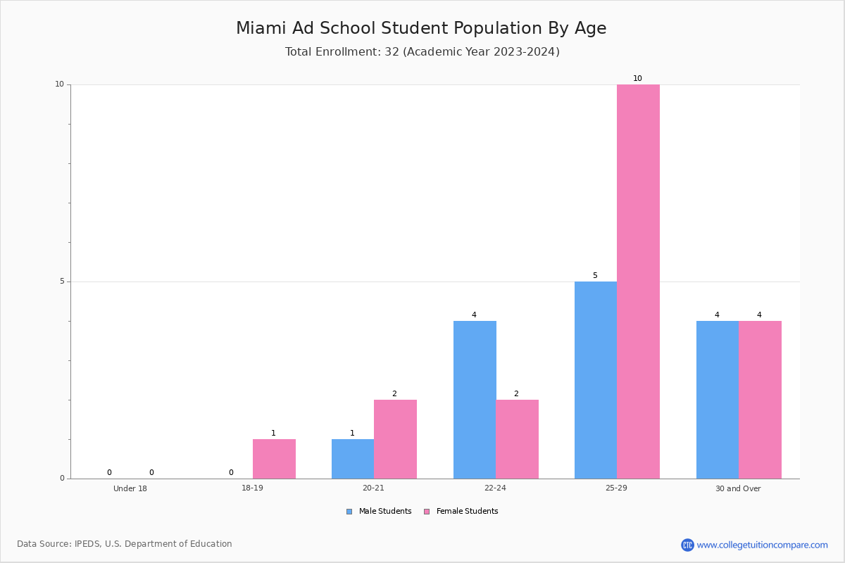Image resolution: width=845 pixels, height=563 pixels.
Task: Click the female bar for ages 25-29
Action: click(x=638, y=281)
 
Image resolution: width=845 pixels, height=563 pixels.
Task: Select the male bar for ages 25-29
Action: click(x=596, y=380)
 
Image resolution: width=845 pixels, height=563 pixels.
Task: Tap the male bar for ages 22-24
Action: click(x=475, y=400)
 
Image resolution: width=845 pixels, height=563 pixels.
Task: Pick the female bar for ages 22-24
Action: click(x=517, y=439)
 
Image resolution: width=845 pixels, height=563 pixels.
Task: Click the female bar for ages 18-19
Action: click(x=274, y=459)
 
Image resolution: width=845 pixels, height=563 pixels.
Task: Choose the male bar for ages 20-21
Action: click(x=353, y=459)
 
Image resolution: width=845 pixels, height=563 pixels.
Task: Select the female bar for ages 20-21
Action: click(x=395, y=439)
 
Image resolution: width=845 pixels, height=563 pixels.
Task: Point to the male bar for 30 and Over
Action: click(x=718, y=400)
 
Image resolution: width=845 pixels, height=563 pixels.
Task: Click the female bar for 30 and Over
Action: click(x=760, y=400)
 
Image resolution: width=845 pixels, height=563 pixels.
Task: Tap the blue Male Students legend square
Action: click(x=349, y=512)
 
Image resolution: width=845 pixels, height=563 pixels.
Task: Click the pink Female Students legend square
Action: click(x=427, y=512)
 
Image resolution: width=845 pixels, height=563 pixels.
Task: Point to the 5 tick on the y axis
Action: click(x=69, y=281)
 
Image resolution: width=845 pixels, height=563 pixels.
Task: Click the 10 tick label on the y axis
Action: click(x=60, y=84)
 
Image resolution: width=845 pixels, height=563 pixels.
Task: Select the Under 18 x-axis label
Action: click(x=130, y=488)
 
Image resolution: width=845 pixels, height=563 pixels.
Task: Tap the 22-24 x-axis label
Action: click(x=495, y=488)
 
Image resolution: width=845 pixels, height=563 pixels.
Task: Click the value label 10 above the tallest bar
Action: click(x=637, y=78)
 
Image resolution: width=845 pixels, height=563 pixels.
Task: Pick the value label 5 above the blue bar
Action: click(x=595, y=276)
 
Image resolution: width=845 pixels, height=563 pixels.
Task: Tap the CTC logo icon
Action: click(x=687, y=545)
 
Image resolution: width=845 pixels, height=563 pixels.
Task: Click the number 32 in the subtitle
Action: click(x=392, y=51)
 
